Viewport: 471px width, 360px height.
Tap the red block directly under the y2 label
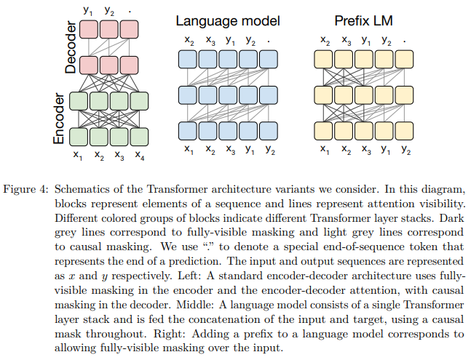[109, 29]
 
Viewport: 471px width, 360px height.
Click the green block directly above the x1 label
[78, 136]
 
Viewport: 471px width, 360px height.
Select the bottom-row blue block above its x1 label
[189, 131]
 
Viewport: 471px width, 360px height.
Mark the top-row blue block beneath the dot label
[270, 59]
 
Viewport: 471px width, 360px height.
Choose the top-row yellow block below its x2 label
[324, 59]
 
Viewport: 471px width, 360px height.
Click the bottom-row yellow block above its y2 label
[405, 131]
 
